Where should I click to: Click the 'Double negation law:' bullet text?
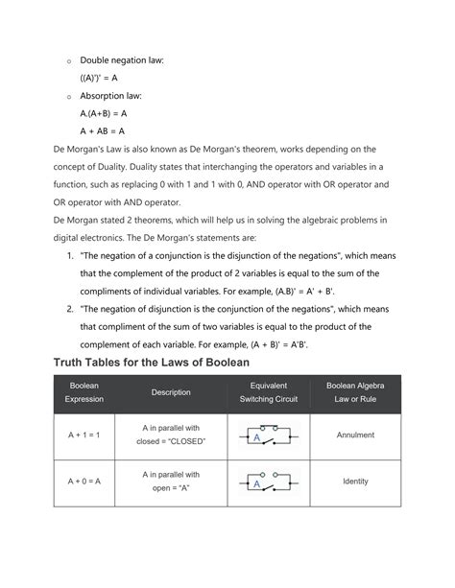pyautogui.click(x=123, y=60)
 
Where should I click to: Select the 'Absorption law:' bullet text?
pyautogui.click(x=113, y=95)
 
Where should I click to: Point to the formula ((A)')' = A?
pyautogui.click(x=102, y=78)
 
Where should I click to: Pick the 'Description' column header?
pyautogui.click(x=171, y=391)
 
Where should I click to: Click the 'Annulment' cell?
pyautogui.click(x=355, y=435)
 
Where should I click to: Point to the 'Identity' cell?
pyautogui.click(x=355, y=482)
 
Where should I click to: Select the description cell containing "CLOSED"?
pyautogui.click(x=171, y=435)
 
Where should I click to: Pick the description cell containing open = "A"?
pyautogui.click(x=171, y=482)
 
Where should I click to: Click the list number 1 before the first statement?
pyautogui.click(x=69, y=257)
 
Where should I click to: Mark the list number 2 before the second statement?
pyautogui.click(x=69, y=309)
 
